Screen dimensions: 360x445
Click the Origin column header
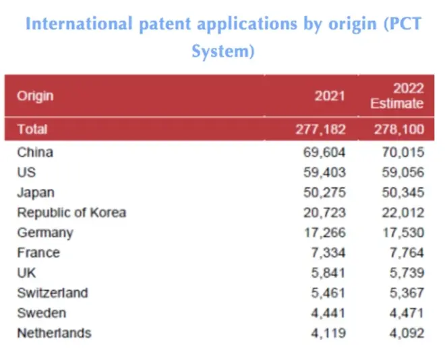coord(36,96)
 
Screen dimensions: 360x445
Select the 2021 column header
coord(329,96)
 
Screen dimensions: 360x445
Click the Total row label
coord(33,129)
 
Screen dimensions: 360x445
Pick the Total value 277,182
coord(321,129)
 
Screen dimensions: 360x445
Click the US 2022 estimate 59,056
coord(401,173)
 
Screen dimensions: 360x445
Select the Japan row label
coord(35,193)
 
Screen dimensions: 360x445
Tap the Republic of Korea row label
coord(71,213)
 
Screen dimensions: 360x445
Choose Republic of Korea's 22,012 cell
coord(401,213)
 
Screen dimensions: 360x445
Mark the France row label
coord(38,253)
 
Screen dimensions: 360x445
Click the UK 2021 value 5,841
coord(328,273)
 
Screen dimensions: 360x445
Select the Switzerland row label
coord(53,293)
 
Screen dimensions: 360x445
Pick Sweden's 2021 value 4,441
coord(328,313)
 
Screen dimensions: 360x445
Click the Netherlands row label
coord(54,333)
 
